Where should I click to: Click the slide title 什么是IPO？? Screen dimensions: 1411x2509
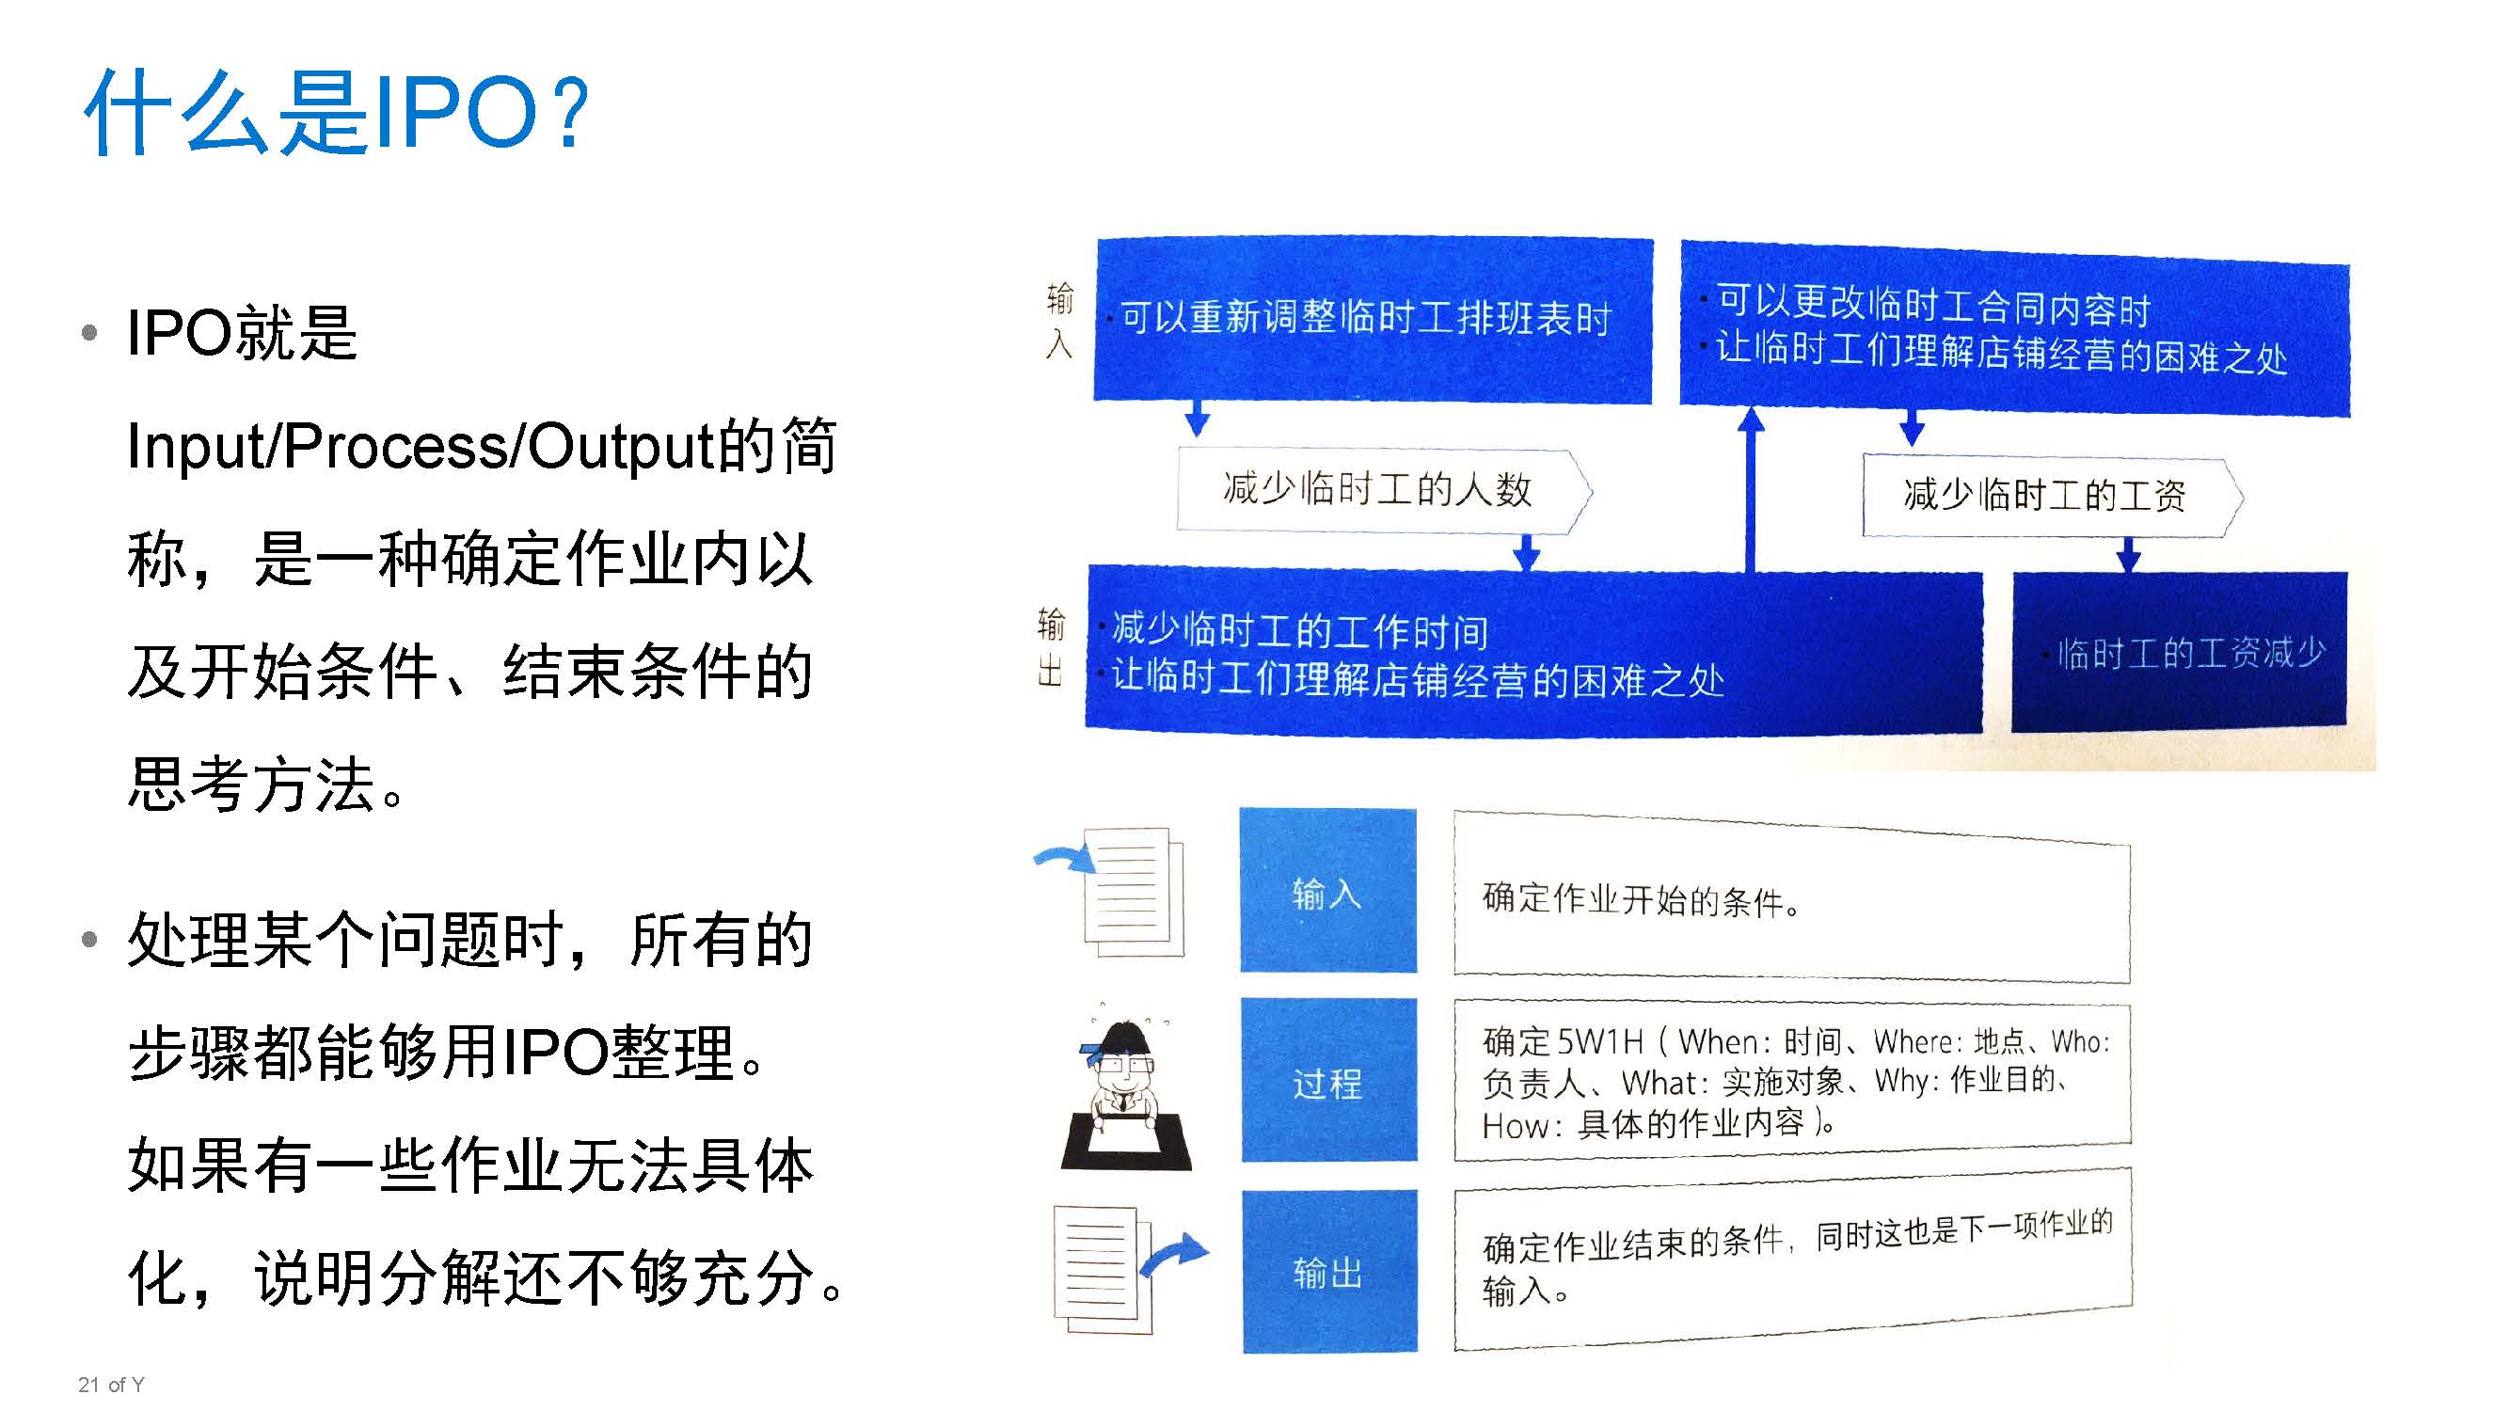point(337,113)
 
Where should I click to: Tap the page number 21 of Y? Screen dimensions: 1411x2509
point(111,1385)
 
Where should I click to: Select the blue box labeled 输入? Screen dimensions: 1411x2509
point(1327,890)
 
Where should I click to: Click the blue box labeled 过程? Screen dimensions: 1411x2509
point(1328,1080)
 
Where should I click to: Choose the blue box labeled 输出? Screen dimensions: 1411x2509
point(1329,1271)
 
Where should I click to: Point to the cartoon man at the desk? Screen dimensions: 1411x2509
point(1125,1095)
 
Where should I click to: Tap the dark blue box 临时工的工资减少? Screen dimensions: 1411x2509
point(2179,652)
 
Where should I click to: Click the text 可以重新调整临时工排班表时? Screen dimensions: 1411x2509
point(1366,317)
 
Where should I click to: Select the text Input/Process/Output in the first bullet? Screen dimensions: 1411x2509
point(420,447)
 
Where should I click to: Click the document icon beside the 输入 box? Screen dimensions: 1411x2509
point(1134,890)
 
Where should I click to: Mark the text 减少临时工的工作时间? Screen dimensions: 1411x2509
point(1299,631)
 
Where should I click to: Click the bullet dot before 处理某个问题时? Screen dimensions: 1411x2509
point(89,940)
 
